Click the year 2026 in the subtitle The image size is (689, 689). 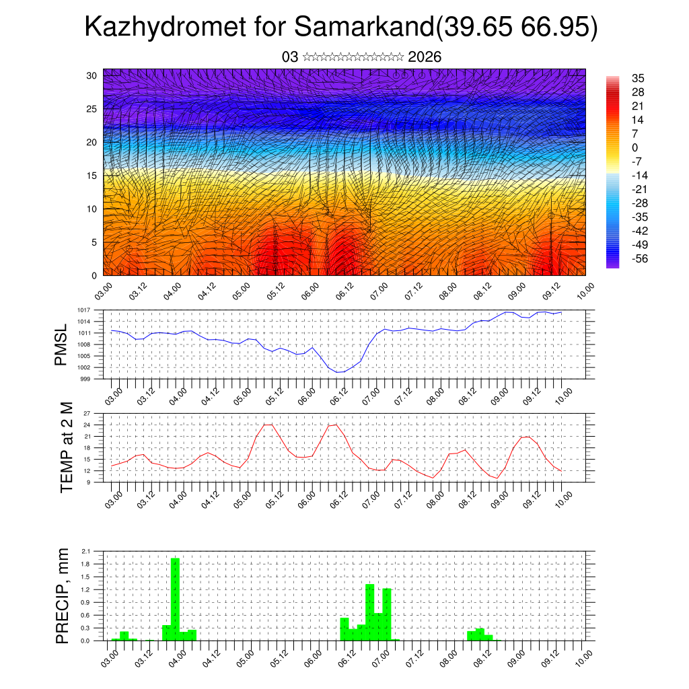pyautogui.click(x=425, y=57)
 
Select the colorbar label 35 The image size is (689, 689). pyautogui.click(x=639, y=78)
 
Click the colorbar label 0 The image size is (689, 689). pyautogui.click(x=635, y=147)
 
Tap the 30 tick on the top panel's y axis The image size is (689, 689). pyautogui.click(x=92, y=75)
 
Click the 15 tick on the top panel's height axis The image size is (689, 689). pyautogui.click(x=92, y=176)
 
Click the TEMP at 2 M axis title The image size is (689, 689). pyautogui.click(x=66, y=447)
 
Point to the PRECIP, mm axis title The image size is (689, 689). pyautogui.click(x=63, y=596)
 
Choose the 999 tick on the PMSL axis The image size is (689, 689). pyautogui.click(x=86, y=379)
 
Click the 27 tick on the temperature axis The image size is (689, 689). pyautogui.click(x=87, y=413)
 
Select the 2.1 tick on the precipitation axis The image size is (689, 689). pyautogui.click(x=85, y=551)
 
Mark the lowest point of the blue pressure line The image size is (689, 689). pyautogui.click(x=340, y=371)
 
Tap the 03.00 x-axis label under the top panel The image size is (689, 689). pyautogui.click(x=102, y=293)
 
